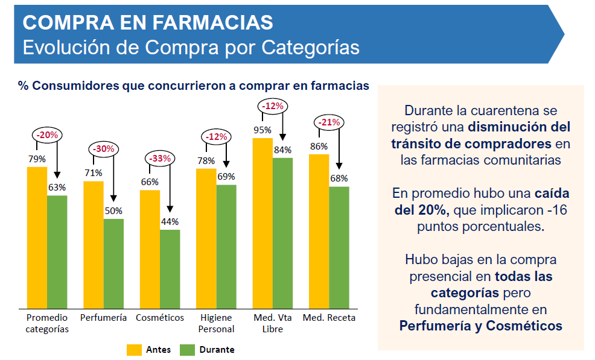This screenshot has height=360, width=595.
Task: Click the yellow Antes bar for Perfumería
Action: coord(94,244)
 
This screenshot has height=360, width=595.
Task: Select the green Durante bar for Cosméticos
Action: coord(170,269)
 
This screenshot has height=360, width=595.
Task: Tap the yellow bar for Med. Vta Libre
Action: coord(262,223)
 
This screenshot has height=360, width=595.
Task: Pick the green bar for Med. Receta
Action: coord(339,247)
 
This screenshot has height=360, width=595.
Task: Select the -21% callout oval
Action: coord(329,122)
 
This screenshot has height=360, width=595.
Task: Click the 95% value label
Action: coord(262,130)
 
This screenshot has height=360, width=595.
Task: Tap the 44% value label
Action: coord(170,221)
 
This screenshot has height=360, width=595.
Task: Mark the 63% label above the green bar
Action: coord(57,188)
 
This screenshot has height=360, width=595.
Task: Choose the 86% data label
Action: coord(319,146)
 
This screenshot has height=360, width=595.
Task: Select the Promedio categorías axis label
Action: coord(47,323)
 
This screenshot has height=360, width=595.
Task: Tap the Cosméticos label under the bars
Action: coord(160,318)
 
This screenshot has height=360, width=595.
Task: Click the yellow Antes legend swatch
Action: coord(133,350)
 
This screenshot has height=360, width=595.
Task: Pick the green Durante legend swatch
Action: coord(188,350)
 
